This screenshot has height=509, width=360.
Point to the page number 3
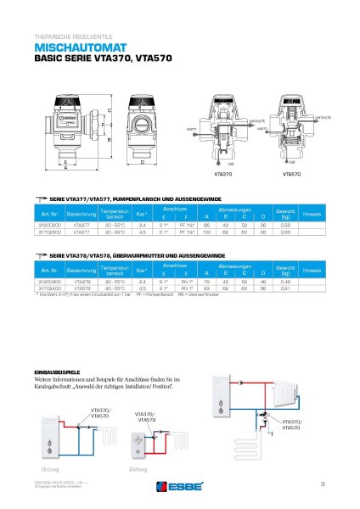(x=323, y=484)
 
